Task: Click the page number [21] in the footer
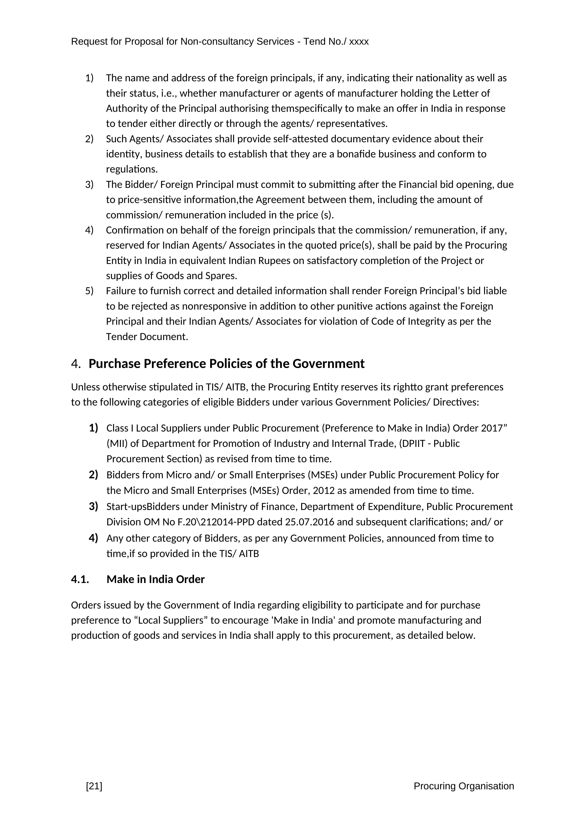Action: point(94,786)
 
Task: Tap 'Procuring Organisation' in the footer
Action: point(464,786)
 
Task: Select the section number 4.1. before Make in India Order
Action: point(80,579)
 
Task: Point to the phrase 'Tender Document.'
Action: point(147,337)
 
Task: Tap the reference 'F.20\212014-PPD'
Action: point(220,522)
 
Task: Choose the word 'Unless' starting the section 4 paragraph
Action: point(86,387)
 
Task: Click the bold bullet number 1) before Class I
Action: point(93,428)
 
